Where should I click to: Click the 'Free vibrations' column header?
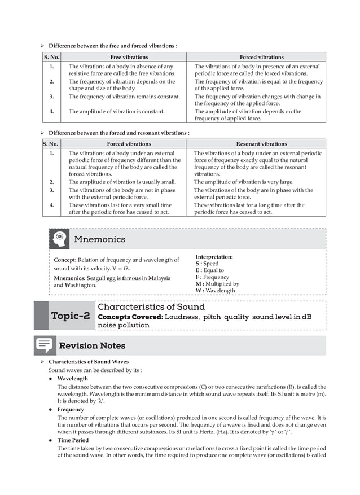[x=129, y=57]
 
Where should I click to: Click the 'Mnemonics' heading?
[x=99, y=239]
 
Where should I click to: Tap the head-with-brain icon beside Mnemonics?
[x=59, y=239]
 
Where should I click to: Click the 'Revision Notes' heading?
[x=92, y=345]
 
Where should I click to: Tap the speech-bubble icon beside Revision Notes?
[x=45, y=345]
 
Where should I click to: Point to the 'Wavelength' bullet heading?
[x=72, y=378]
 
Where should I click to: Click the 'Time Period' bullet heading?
[x=73, y=440]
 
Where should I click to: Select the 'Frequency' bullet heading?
[x=71, y=409]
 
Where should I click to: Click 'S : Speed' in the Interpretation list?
[x=207, y=264]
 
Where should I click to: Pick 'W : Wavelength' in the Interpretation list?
[x=215, y=291]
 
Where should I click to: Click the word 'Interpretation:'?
[x=214, y=257]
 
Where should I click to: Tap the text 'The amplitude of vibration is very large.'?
[x=244, y=182]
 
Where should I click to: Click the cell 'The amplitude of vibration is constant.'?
[x=116, y=112]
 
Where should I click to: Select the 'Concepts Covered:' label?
[x=130, y=317]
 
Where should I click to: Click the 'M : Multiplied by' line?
[x=217, y=284]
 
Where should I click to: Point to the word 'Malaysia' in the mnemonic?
[x=167, y=278]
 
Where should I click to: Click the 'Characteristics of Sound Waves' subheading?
[x=88, y=362]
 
